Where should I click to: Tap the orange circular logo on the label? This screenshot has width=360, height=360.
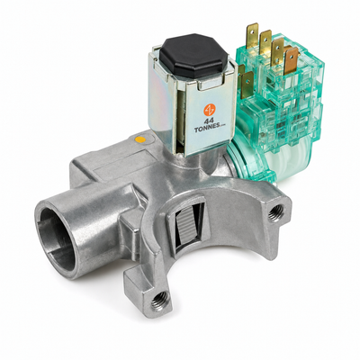point(210,110)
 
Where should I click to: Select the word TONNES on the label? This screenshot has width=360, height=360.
point(205,130)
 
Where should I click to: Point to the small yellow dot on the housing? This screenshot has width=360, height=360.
point(140,139)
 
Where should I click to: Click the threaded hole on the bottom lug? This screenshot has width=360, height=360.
point(159,299)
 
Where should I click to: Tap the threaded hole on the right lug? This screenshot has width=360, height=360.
point(275,212)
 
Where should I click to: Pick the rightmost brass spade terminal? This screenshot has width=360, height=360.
point(292,60)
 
